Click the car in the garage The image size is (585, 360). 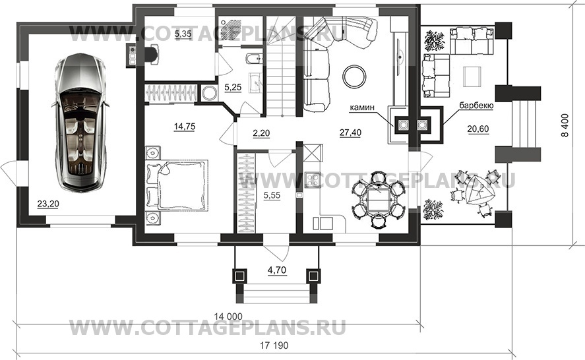(80, 123)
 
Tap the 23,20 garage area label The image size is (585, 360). (48, 204)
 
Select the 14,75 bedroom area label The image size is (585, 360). (184, 127)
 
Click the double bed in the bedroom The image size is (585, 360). (177, 185)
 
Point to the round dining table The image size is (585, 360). (379, 200)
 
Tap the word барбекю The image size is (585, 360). (476, 105)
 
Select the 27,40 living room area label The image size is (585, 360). (350, 133)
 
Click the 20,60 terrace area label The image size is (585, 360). (478, 129)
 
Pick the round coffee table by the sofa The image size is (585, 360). (355, 76)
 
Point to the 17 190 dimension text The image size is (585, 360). (274, 345)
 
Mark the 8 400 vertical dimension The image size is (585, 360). (566, 125)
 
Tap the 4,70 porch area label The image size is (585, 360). (277, 270)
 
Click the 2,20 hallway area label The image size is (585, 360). (261, 133)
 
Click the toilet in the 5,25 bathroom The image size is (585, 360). (255, 58)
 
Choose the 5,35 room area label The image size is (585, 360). (183, 34)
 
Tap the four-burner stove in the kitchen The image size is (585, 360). (311, 180)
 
